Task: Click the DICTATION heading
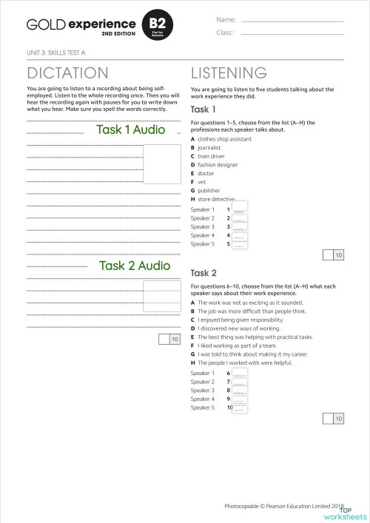(67, 72)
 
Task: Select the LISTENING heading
(229, 72)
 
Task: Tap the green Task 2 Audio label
(135, 265)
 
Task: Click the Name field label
(226, 19)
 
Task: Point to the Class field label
(225, 33)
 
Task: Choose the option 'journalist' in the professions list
(209, 147)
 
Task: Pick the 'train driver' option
(212, 156)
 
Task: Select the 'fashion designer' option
(217, 164)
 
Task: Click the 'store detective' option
(215, 199)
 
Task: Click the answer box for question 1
(239, 209)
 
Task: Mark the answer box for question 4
(239, 235)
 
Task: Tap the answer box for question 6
(239, 373)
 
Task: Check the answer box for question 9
(239, 399)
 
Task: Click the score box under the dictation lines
(169, 339)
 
